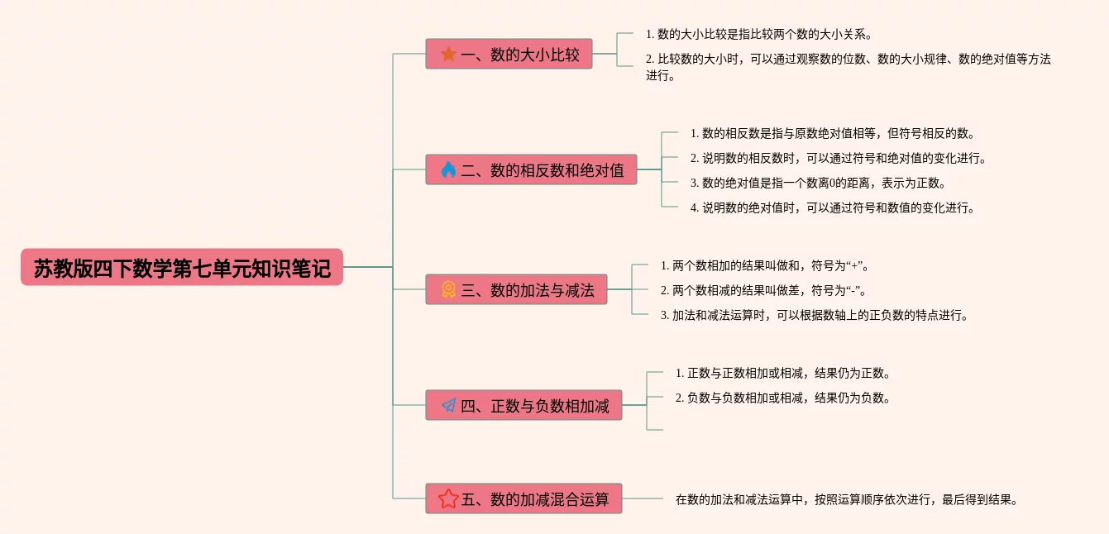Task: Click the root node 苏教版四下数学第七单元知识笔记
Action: tap(181, 268)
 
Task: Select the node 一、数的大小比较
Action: tap(509, 55)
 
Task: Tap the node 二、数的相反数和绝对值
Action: tap(531, 170)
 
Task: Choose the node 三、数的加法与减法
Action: tap(516, 290)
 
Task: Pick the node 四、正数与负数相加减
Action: tap(523, 406)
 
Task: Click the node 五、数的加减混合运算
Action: tap(523, 499)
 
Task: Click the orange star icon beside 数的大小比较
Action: tap(448, 55)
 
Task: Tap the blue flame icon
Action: tap(448, 170)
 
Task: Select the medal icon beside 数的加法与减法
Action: tap(448, 290)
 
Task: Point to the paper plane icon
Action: tap(448, 406)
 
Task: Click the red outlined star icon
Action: tap(448, 499)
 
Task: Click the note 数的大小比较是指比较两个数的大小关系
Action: tap(759, 35)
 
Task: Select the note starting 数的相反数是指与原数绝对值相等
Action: tap(832, 133)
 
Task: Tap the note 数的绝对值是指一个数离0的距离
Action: tap(817, 183)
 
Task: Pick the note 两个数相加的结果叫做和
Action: tap(764, 265)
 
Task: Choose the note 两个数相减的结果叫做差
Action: tap(764, 290)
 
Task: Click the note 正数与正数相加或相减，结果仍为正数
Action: tap(782, 373)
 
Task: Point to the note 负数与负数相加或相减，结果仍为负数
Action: tap(782, 398)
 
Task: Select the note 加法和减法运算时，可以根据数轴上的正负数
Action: tap(814, 315)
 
